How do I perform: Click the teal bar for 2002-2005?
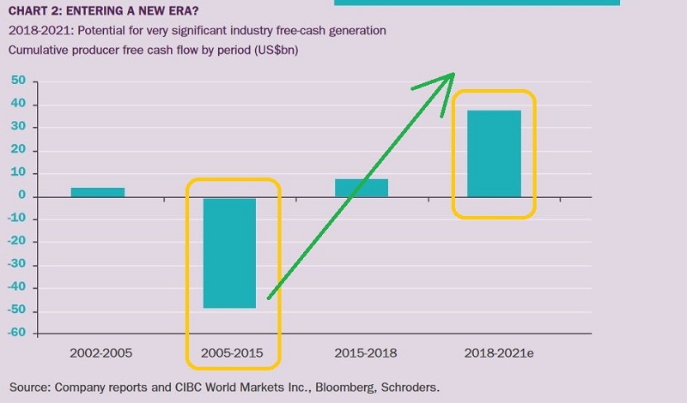coord(98,192)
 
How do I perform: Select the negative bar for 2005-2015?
coord(229,252)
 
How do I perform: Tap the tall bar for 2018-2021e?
coord(494,153)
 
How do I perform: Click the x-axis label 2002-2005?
coord(98,353)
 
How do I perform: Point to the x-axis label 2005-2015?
coord(229,353)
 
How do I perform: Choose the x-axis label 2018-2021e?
coord(494,353)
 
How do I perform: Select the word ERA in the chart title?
coord(173,11)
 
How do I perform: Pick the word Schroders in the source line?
coord(406,388)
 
